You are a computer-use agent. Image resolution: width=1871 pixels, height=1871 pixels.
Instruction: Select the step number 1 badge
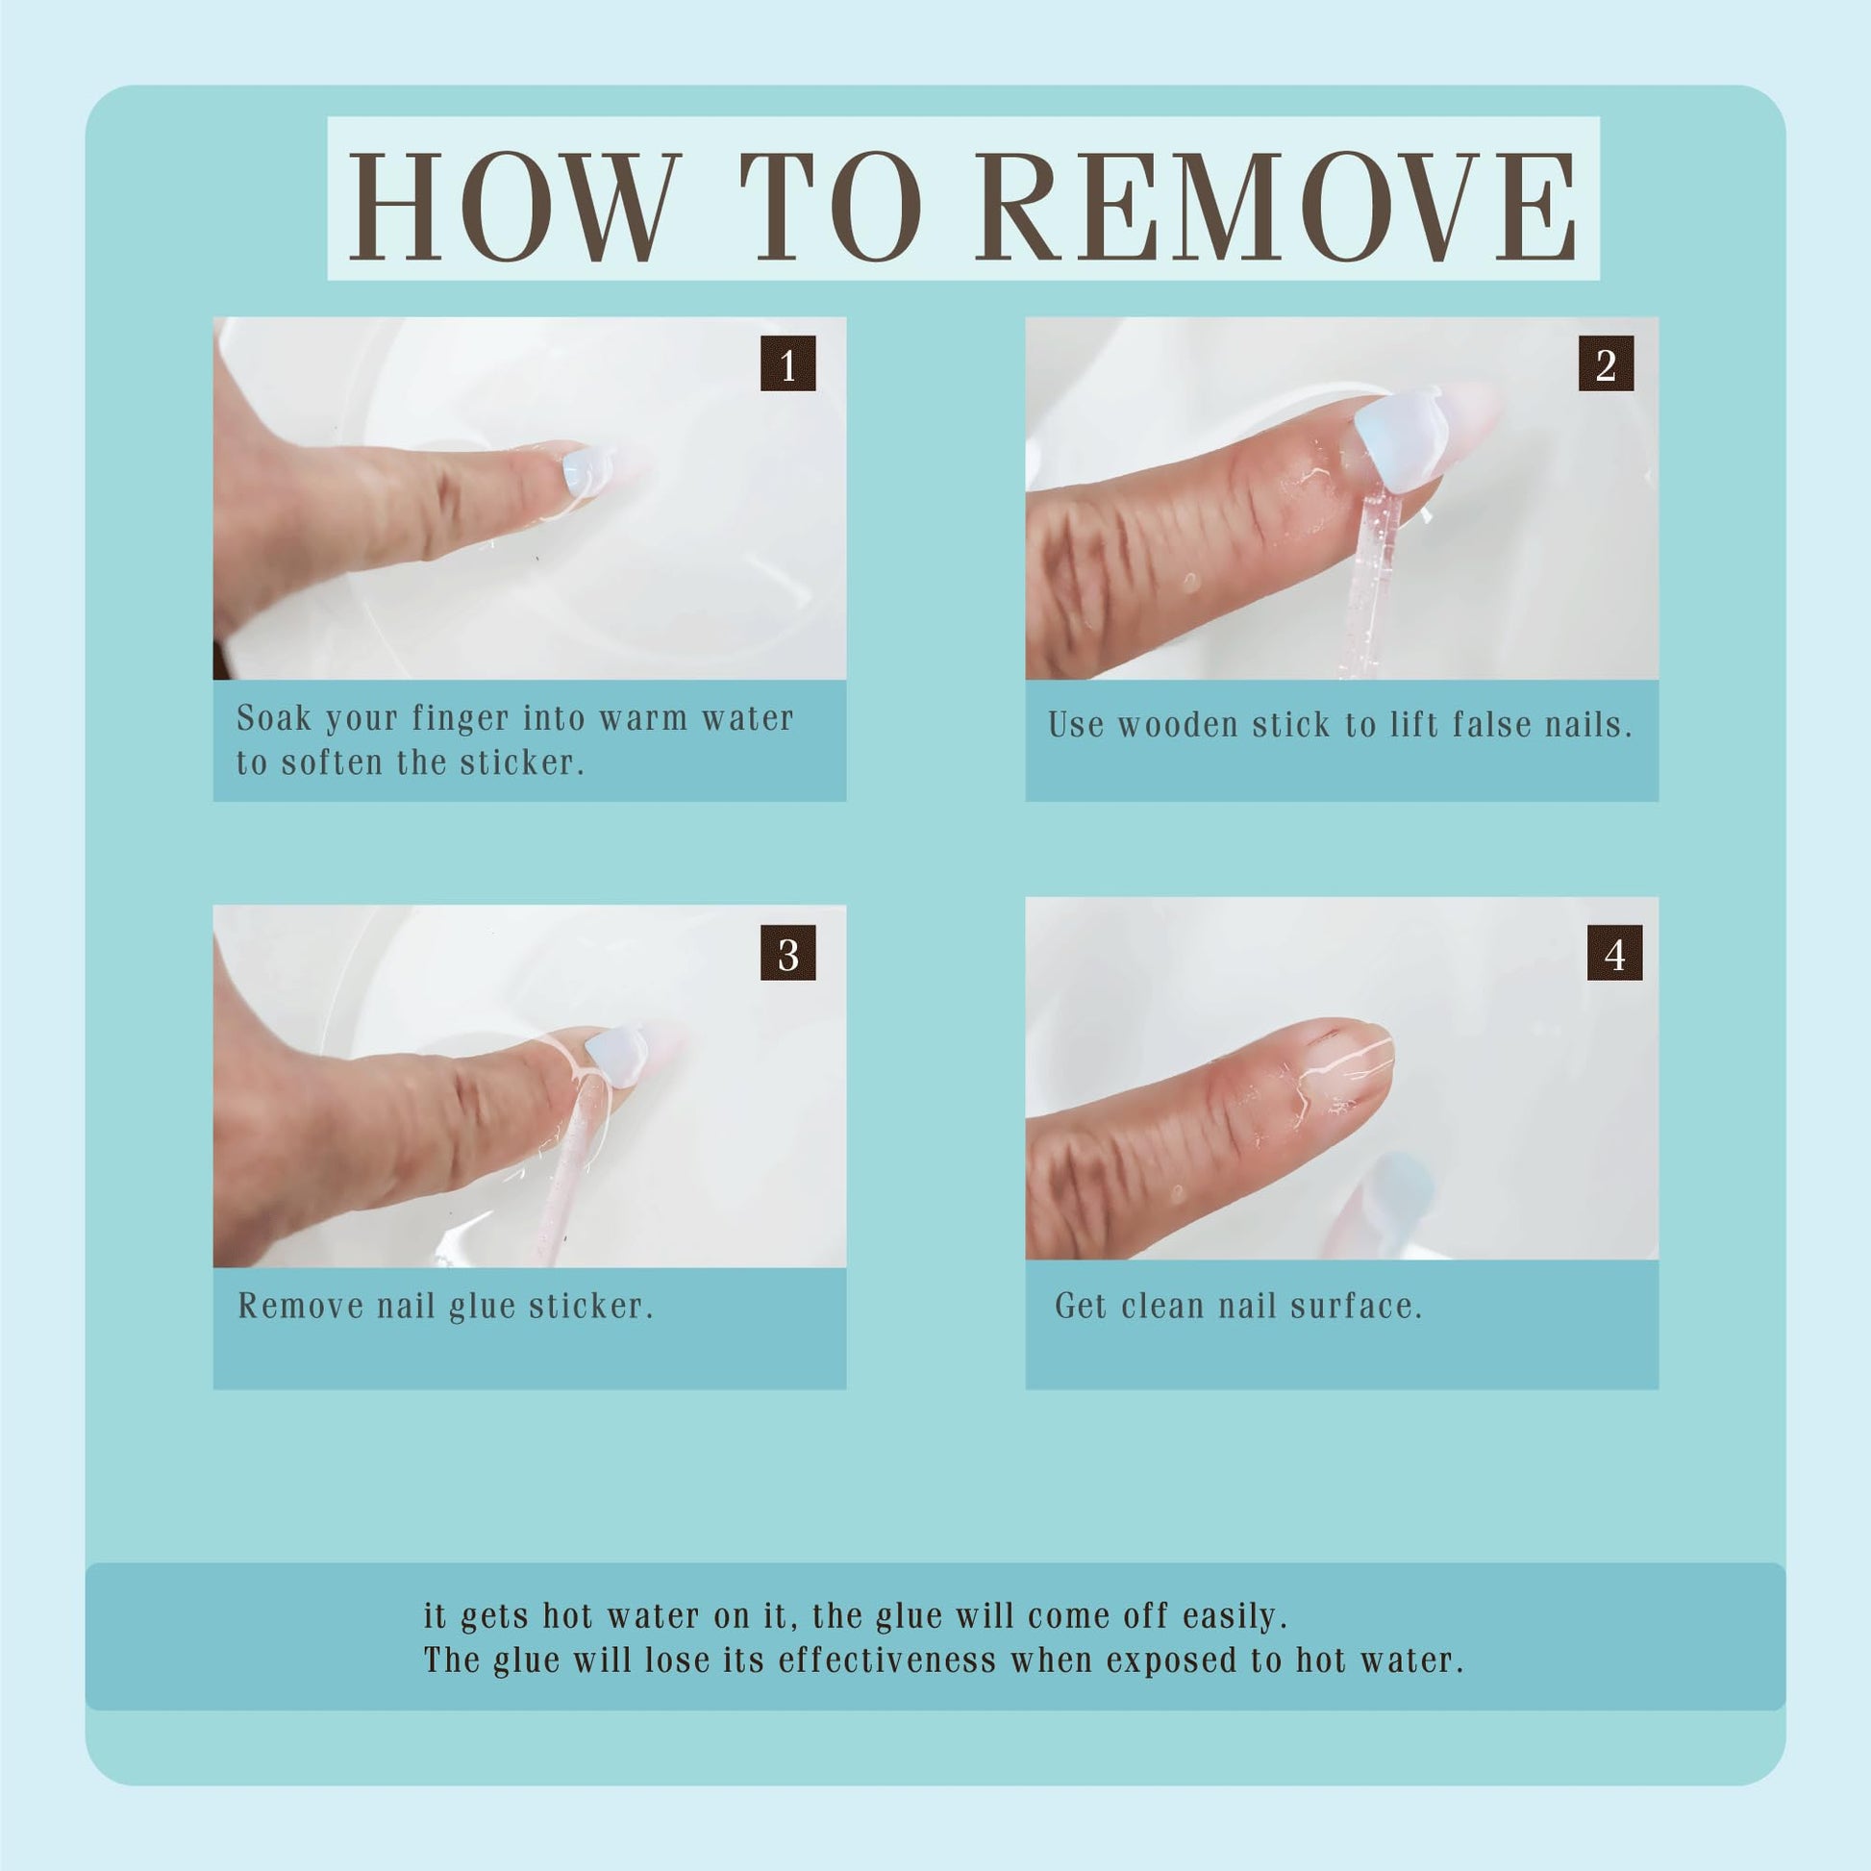[787, 363]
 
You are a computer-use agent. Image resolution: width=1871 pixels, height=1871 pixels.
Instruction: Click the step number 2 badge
[1606, 363]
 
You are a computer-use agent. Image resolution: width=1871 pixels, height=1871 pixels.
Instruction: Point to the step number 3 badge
[787, 952]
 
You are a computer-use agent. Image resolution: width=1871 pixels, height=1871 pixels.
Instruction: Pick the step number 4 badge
[1614, 952]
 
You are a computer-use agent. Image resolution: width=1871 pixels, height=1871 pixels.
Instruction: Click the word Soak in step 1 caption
[274, 717]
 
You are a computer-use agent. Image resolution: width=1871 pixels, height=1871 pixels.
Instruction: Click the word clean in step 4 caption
[1161, 1306]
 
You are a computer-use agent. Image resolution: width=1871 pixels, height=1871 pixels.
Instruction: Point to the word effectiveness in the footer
[887, 1659]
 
